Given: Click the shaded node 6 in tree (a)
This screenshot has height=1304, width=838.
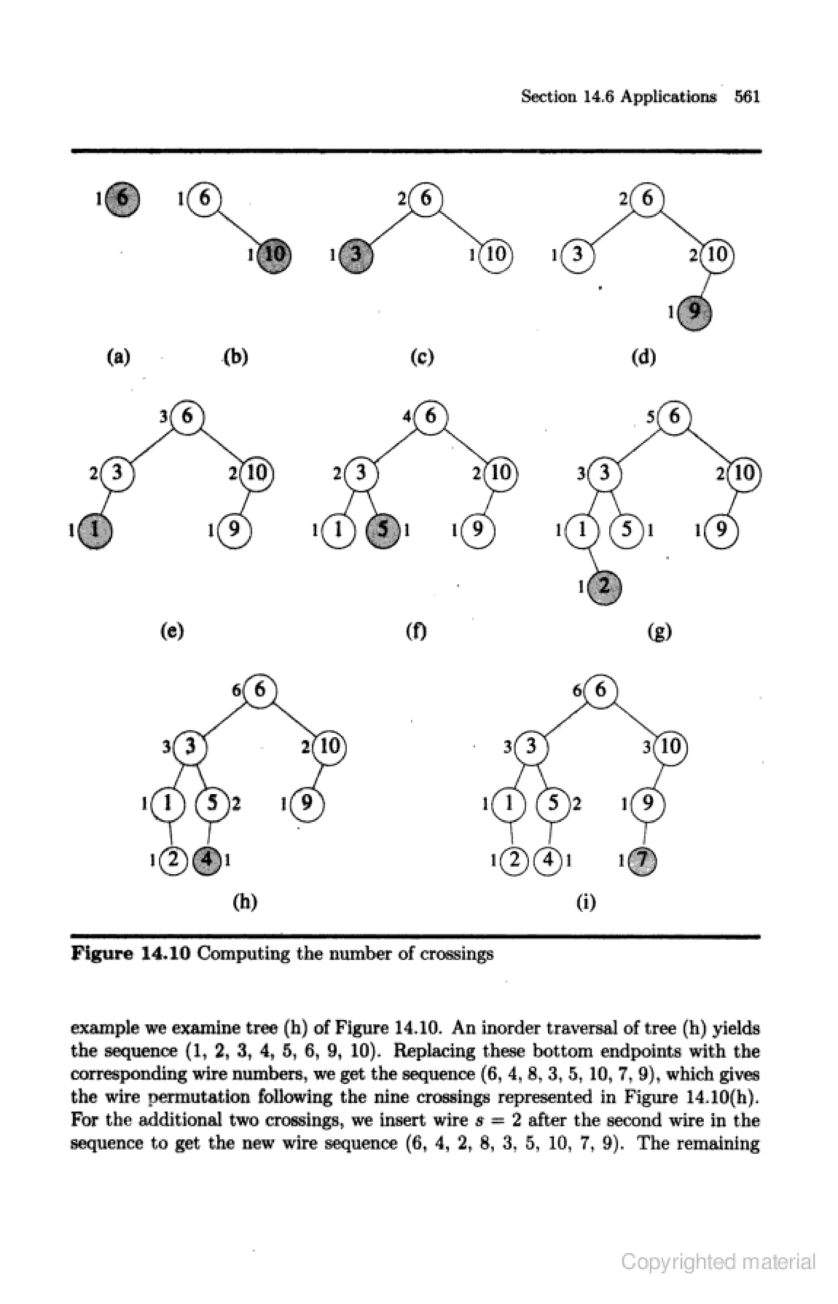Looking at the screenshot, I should (122, 198).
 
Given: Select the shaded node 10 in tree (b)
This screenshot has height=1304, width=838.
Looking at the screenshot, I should (274, 255).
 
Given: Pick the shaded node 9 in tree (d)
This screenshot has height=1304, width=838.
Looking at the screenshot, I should (694, 312).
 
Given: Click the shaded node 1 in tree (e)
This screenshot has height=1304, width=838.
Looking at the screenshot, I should (95, 530).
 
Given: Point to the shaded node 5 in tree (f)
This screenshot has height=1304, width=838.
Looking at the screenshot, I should (384, 530).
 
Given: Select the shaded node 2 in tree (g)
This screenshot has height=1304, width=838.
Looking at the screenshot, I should (604, 587).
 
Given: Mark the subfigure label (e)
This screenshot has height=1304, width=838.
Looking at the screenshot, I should (172, 631).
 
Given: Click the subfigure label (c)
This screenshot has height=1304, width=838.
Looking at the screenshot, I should (422, 357).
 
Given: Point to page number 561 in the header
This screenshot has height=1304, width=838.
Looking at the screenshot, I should (747, 97).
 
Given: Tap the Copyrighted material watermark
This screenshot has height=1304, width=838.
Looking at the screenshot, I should (718, 1261).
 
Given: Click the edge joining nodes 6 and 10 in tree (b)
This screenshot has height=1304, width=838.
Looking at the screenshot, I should (239, 227).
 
